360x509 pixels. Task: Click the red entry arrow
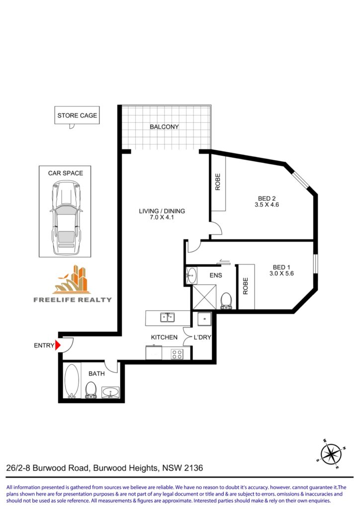[x=58, y=345]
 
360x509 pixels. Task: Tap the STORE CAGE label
[x=77, y=115]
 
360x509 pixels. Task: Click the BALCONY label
[x=164, y=127]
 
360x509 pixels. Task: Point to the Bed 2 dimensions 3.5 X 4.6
[x=267, y=204]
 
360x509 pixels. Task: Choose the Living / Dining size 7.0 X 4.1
[x=162, y=217]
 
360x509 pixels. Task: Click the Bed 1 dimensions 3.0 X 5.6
[x=281, y=273]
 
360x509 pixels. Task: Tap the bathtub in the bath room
[x=72, y=381]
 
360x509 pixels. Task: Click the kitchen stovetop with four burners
[x=177, y=354]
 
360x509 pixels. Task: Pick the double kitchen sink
[x=168, y=317]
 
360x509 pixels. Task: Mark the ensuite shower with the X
[x=204, y=297]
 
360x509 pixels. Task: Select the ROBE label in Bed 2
[x=218, y=182]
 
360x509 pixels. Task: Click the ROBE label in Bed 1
[x=246, y=286]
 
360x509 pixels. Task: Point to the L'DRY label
[x=202, y=338]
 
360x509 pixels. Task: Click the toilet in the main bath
[x=90, y=390]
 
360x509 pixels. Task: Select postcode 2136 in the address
[x=193, y=468]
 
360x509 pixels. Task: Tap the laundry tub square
[x=204, y=319]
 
